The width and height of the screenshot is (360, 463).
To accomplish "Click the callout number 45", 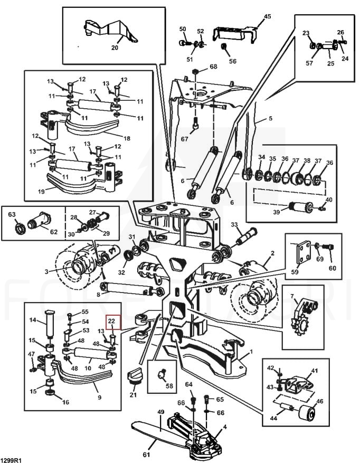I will (x=267, y=17).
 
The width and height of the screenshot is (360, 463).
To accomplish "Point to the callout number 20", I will (x=115, y=47).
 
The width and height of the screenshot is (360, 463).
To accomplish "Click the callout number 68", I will (x=213, y=67).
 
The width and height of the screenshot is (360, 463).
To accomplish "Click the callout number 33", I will (x=234, y=225).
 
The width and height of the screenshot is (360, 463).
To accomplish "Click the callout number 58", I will (x=169, y=386).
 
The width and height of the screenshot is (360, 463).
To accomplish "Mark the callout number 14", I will (x=32, y=320).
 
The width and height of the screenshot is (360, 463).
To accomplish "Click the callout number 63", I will (x=12, y=214).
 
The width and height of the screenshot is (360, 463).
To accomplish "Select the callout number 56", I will (x=232, y=61).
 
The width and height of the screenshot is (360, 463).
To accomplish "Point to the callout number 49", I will (x=162, y=412).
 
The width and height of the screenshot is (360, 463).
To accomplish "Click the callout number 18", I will (x=127, y=138).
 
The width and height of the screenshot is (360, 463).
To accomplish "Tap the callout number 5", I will (x=270, y=119).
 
